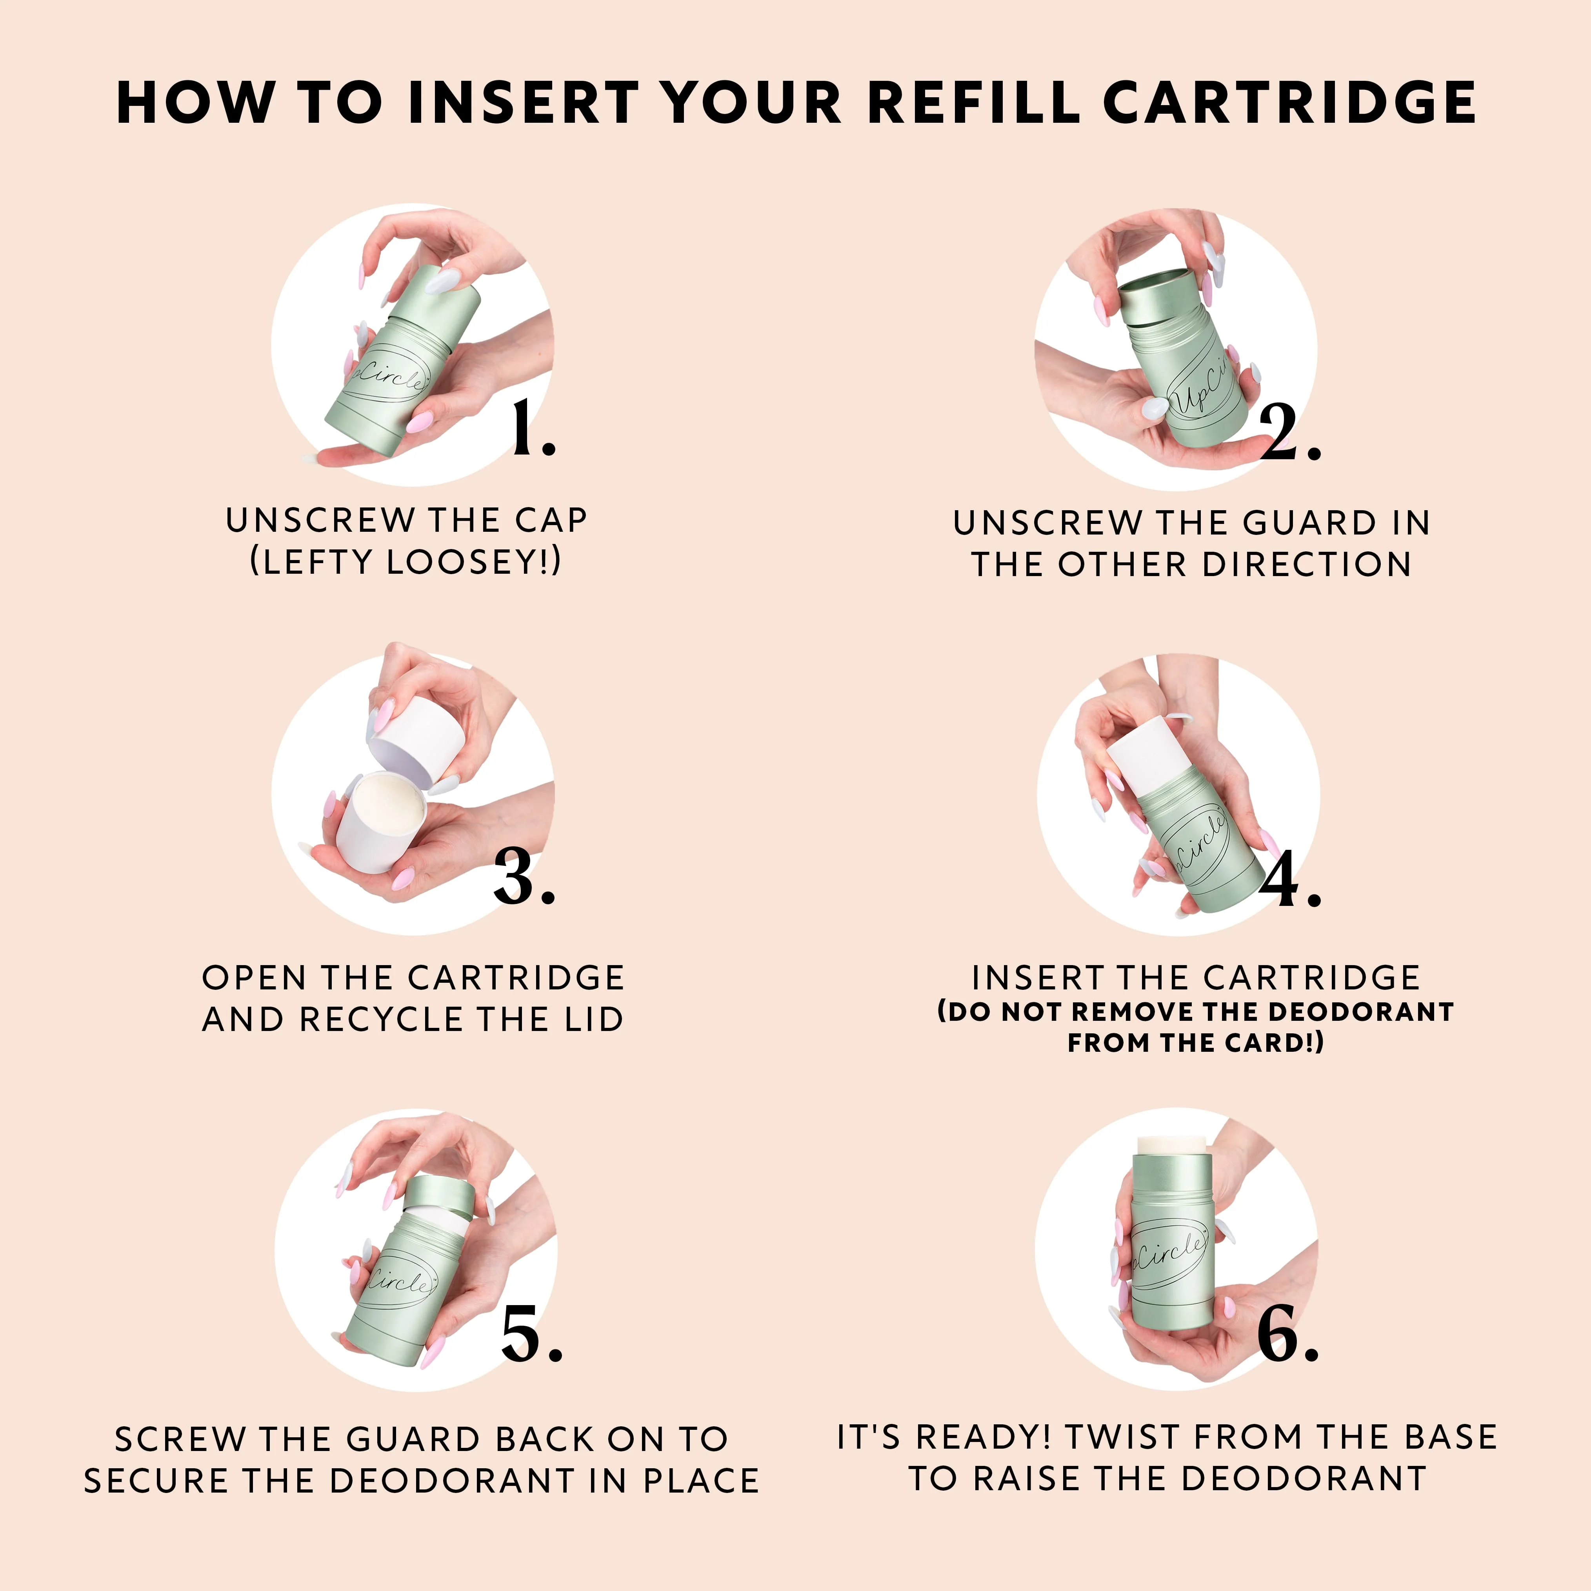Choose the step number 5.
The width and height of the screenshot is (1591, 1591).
pyautogui.click(x=531, y=1333)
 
